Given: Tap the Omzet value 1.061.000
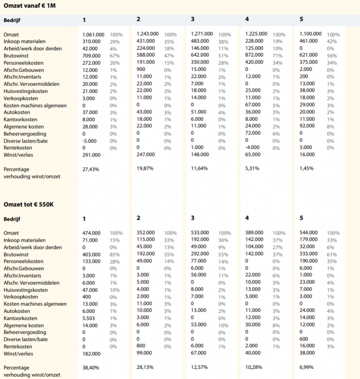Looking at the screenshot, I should point(93,35).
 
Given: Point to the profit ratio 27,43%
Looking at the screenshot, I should point(91,169).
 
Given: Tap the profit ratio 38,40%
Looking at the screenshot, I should point(91,367).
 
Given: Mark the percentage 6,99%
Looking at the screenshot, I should point(308,367).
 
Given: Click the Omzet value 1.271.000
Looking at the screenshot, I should point(202,34).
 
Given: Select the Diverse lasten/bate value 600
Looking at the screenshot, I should point(304,338).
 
